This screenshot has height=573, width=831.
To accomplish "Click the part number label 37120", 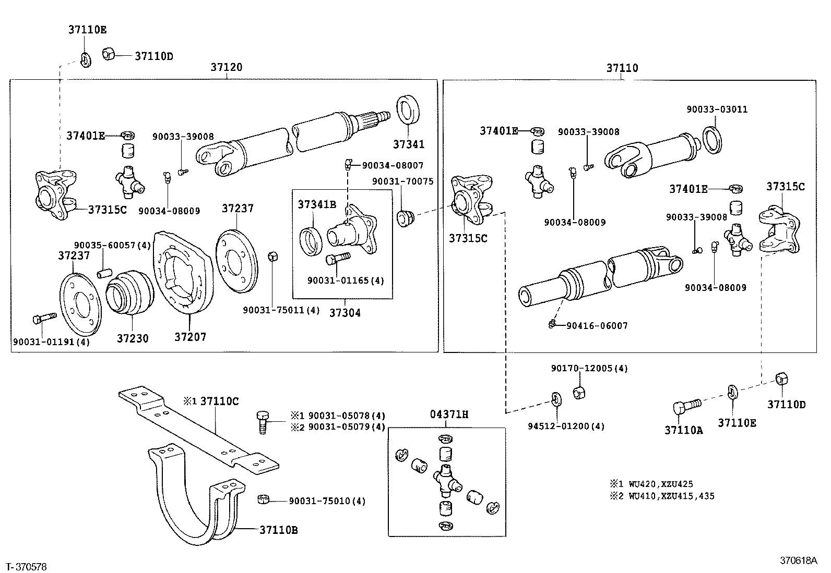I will tap(226, 67).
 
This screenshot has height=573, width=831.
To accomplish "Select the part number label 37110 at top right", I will tap(622, 68).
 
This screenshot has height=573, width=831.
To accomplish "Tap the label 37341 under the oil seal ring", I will tap(409, 144).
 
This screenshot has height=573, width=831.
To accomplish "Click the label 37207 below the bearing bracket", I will tap(190, 337).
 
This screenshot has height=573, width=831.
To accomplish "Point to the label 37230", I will tap(132, 338).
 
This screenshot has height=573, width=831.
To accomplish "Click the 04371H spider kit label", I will tap(449, 414).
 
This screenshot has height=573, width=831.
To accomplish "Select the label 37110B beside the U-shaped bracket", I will tap(278, 530).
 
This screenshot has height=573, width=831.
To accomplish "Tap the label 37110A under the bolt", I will tap(683, 430).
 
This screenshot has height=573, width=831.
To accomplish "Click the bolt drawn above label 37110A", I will tap(684, 406).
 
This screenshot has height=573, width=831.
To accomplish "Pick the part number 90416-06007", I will tap(597, 326).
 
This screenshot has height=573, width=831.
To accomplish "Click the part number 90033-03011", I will tap(717, 109).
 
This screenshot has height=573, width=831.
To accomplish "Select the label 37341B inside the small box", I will tap(317, 204).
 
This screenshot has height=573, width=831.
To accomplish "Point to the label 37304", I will tap(345, 313).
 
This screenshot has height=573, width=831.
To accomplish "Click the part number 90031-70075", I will tap(402, 181).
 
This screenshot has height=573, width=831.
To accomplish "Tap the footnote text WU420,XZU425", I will tap(662, 484).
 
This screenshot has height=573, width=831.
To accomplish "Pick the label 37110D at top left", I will tap(153, 56).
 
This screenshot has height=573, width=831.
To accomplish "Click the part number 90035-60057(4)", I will tap(112, 245).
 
